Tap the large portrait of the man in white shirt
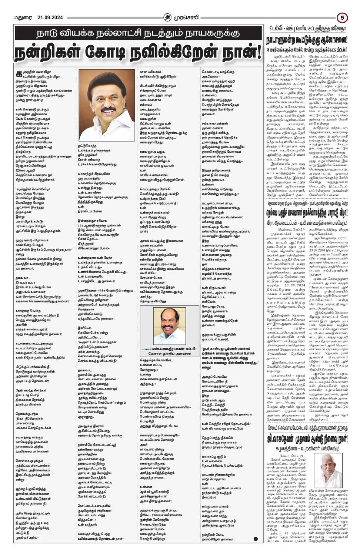107,105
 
